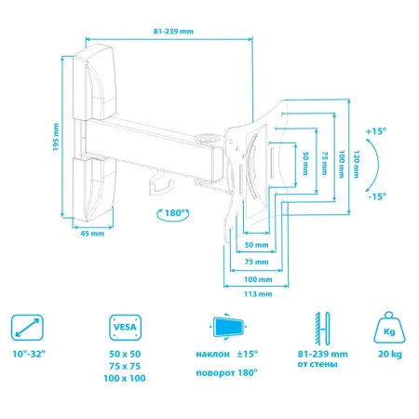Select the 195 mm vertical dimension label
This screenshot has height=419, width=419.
(56, 139)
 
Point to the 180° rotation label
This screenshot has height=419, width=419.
(170, 212)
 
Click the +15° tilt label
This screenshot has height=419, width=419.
(375, 130)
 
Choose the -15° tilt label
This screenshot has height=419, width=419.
(375, 196)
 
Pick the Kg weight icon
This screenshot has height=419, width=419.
(391, 328)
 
